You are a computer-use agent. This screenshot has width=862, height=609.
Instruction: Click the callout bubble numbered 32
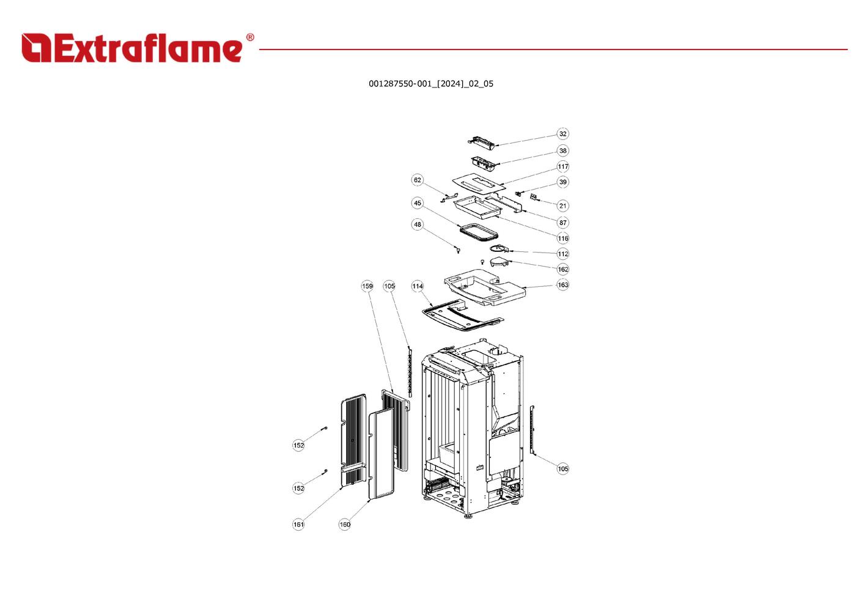point(562,133)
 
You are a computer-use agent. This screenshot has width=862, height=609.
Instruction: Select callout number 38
point(562,150)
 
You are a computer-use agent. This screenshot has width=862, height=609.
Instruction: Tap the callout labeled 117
point(562,166)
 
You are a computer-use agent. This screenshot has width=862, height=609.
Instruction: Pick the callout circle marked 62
point(418,180)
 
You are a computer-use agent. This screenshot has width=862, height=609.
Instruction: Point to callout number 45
point(418,203)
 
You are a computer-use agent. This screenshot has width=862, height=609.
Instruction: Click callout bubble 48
point(418,224)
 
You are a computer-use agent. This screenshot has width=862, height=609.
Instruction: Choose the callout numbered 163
point(562,284)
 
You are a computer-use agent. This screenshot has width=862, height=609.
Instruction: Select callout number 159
point(367,286)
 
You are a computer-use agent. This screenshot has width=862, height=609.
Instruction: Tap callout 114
point(418,286)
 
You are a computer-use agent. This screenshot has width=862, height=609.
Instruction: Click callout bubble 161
point(298,524)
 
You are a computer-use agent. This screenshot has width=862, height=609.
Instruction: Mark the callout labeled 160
point(344,524)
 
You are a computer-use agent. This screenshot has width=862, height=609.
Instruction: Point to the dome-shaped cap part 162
point(499,262)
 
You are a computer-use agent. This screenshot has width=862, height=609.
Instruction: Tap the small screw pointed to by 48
point(458,250)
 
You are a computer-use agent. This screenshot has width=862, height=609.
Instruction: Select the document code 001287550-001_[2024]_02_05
point(431,84)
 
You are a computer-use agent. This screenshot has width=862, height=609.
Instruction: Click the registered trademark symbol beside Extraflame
point(250,37)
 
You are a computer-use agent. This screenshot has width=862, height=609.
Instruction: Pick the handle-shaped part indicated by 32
point(482,142)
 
